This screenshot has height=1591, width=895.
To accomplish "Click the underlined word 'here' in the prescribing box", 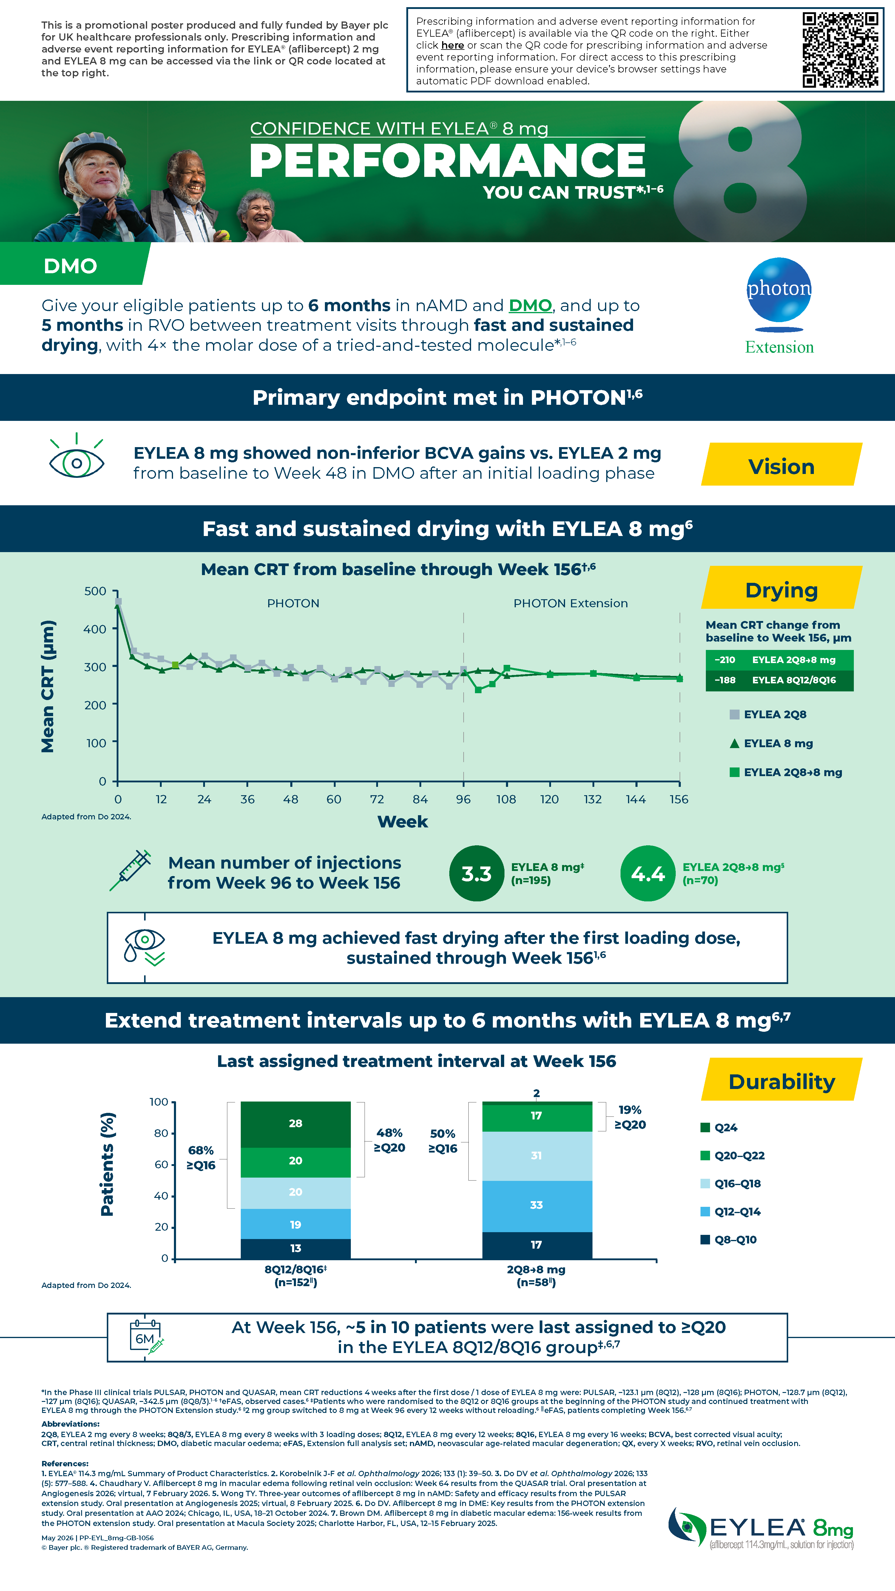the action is click(452, 45).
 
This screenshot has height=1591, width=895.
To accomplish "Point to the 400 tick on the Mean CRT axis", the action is click(95, 629).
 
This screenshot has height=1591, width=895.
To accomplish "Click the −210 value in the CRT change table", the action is click(725, 659).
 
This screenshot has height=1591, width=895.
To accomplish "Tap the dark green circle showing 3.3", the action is click(476, 873).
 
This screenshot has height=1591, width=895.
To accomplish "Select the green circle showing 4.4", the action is click(648, 873).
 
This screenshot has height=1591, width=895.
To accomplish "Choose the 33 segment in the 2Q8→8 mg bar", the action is click(537, 1206).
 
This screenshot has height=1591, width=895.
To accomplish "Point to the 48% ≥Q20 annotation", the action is click(389, 1140).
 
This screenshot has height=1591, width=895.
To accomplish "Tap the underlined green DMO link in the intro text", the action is click(530, 306).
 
